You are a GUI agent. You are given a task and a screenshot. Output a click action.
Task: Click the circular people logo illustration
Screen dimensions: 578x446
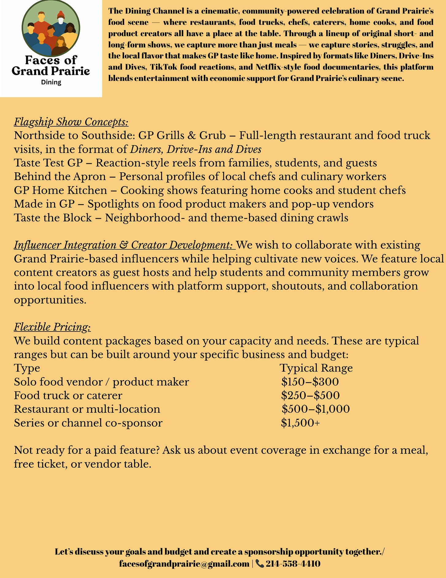(x=51, y=28)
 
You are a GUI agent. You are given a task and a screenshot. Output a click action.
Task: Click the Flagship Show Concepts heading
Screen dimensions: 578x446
(x=71, y=122)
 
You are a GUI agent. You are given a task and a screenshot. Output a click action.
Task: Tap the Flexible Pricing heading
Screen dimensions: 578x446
(x=52, y=327)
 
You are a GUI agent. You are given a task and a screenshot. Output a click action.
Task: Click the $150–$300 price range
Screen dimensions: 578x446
(x=310, y=382)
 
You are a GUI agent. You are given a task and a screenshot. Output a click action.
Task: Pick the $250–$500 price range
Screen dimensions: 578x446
(x=310, y=395)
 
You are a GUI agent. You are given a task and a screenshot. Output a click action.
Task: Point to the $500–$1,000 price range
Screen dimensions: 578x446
(x=316, y=409)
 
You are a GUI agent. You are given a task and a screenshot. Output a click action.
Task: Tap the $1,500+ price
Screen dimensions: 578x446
(x=300, y=423)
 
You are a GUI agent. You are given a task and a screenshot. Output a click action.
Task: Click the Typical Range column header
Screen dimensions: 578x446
(x=316, y=368)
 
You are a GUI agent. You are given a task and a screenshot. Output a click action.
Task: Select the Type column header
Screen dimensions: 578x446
(x=27, y=368)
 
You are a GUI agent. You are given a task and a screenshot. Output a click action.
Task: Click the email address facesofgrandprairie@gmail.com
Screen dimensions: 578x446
(x=184, y=564)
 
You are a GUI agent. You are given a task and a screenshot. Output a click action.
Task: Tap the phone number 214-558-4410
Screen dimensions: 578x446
(x=293, y=564)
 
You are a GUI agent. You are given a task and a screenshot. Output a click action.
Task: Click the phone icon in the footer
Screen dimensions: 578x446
(x=259, y=563)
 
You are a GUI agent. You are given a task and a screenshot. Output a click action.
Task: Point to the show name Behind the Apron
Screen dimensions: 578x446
(x=60, y=177)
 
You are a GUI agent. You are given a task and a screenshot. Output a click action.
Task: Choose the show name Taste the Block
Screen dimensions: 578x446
(x=53, y=218)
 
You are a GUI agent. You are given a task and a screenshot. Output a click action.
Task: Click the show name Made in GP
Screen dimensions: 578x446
(x=44, y=204)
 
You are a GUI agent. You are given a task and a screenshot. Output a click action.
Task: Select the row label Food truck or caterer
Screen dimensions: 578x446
(x=68, y=396)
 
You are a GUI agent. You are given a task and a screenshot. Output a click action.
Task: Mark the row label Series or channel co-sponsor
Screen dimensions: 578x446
(x=88, y=423)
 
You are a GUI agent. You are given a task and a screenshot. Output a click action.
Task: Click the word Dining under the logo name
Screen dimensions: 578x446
(x=51, y=82)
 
